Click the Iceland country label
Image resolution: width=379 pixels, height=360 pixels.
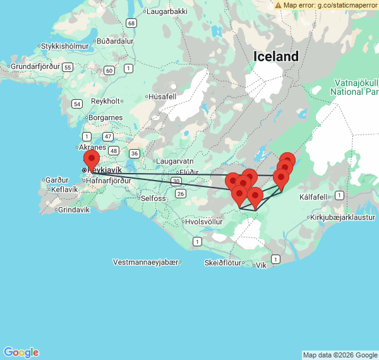point(276,56)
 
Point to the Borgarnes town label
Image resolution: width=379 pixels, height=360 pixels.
point(105,117)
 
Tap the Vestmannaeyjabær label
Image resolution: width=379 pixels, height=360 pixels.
point(145,261)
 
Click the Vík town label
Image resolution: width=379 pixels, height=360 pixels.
point(260,265)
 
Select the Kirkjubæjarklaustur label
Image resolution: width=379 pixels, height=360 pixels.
point(343,217)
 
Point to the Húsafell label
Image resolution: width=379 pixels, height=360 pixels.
point(161,97)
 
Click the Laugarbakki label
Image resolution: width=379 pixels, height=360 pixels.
point(166,11)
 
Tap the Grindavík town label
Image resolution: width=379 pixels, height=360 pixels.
point(73,209)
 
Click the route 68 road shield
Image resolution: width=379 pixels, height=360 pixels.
point(131,23)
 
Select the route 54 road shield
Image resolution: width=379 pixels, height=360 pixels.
point(77,104)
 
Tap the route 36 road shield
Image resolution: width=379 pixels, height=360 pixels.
point(134,153)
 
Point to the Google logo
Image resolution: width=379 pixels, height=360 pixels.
point(21,352)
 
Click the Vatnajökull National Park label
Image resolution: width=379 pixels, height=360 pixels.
point(354,87)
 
